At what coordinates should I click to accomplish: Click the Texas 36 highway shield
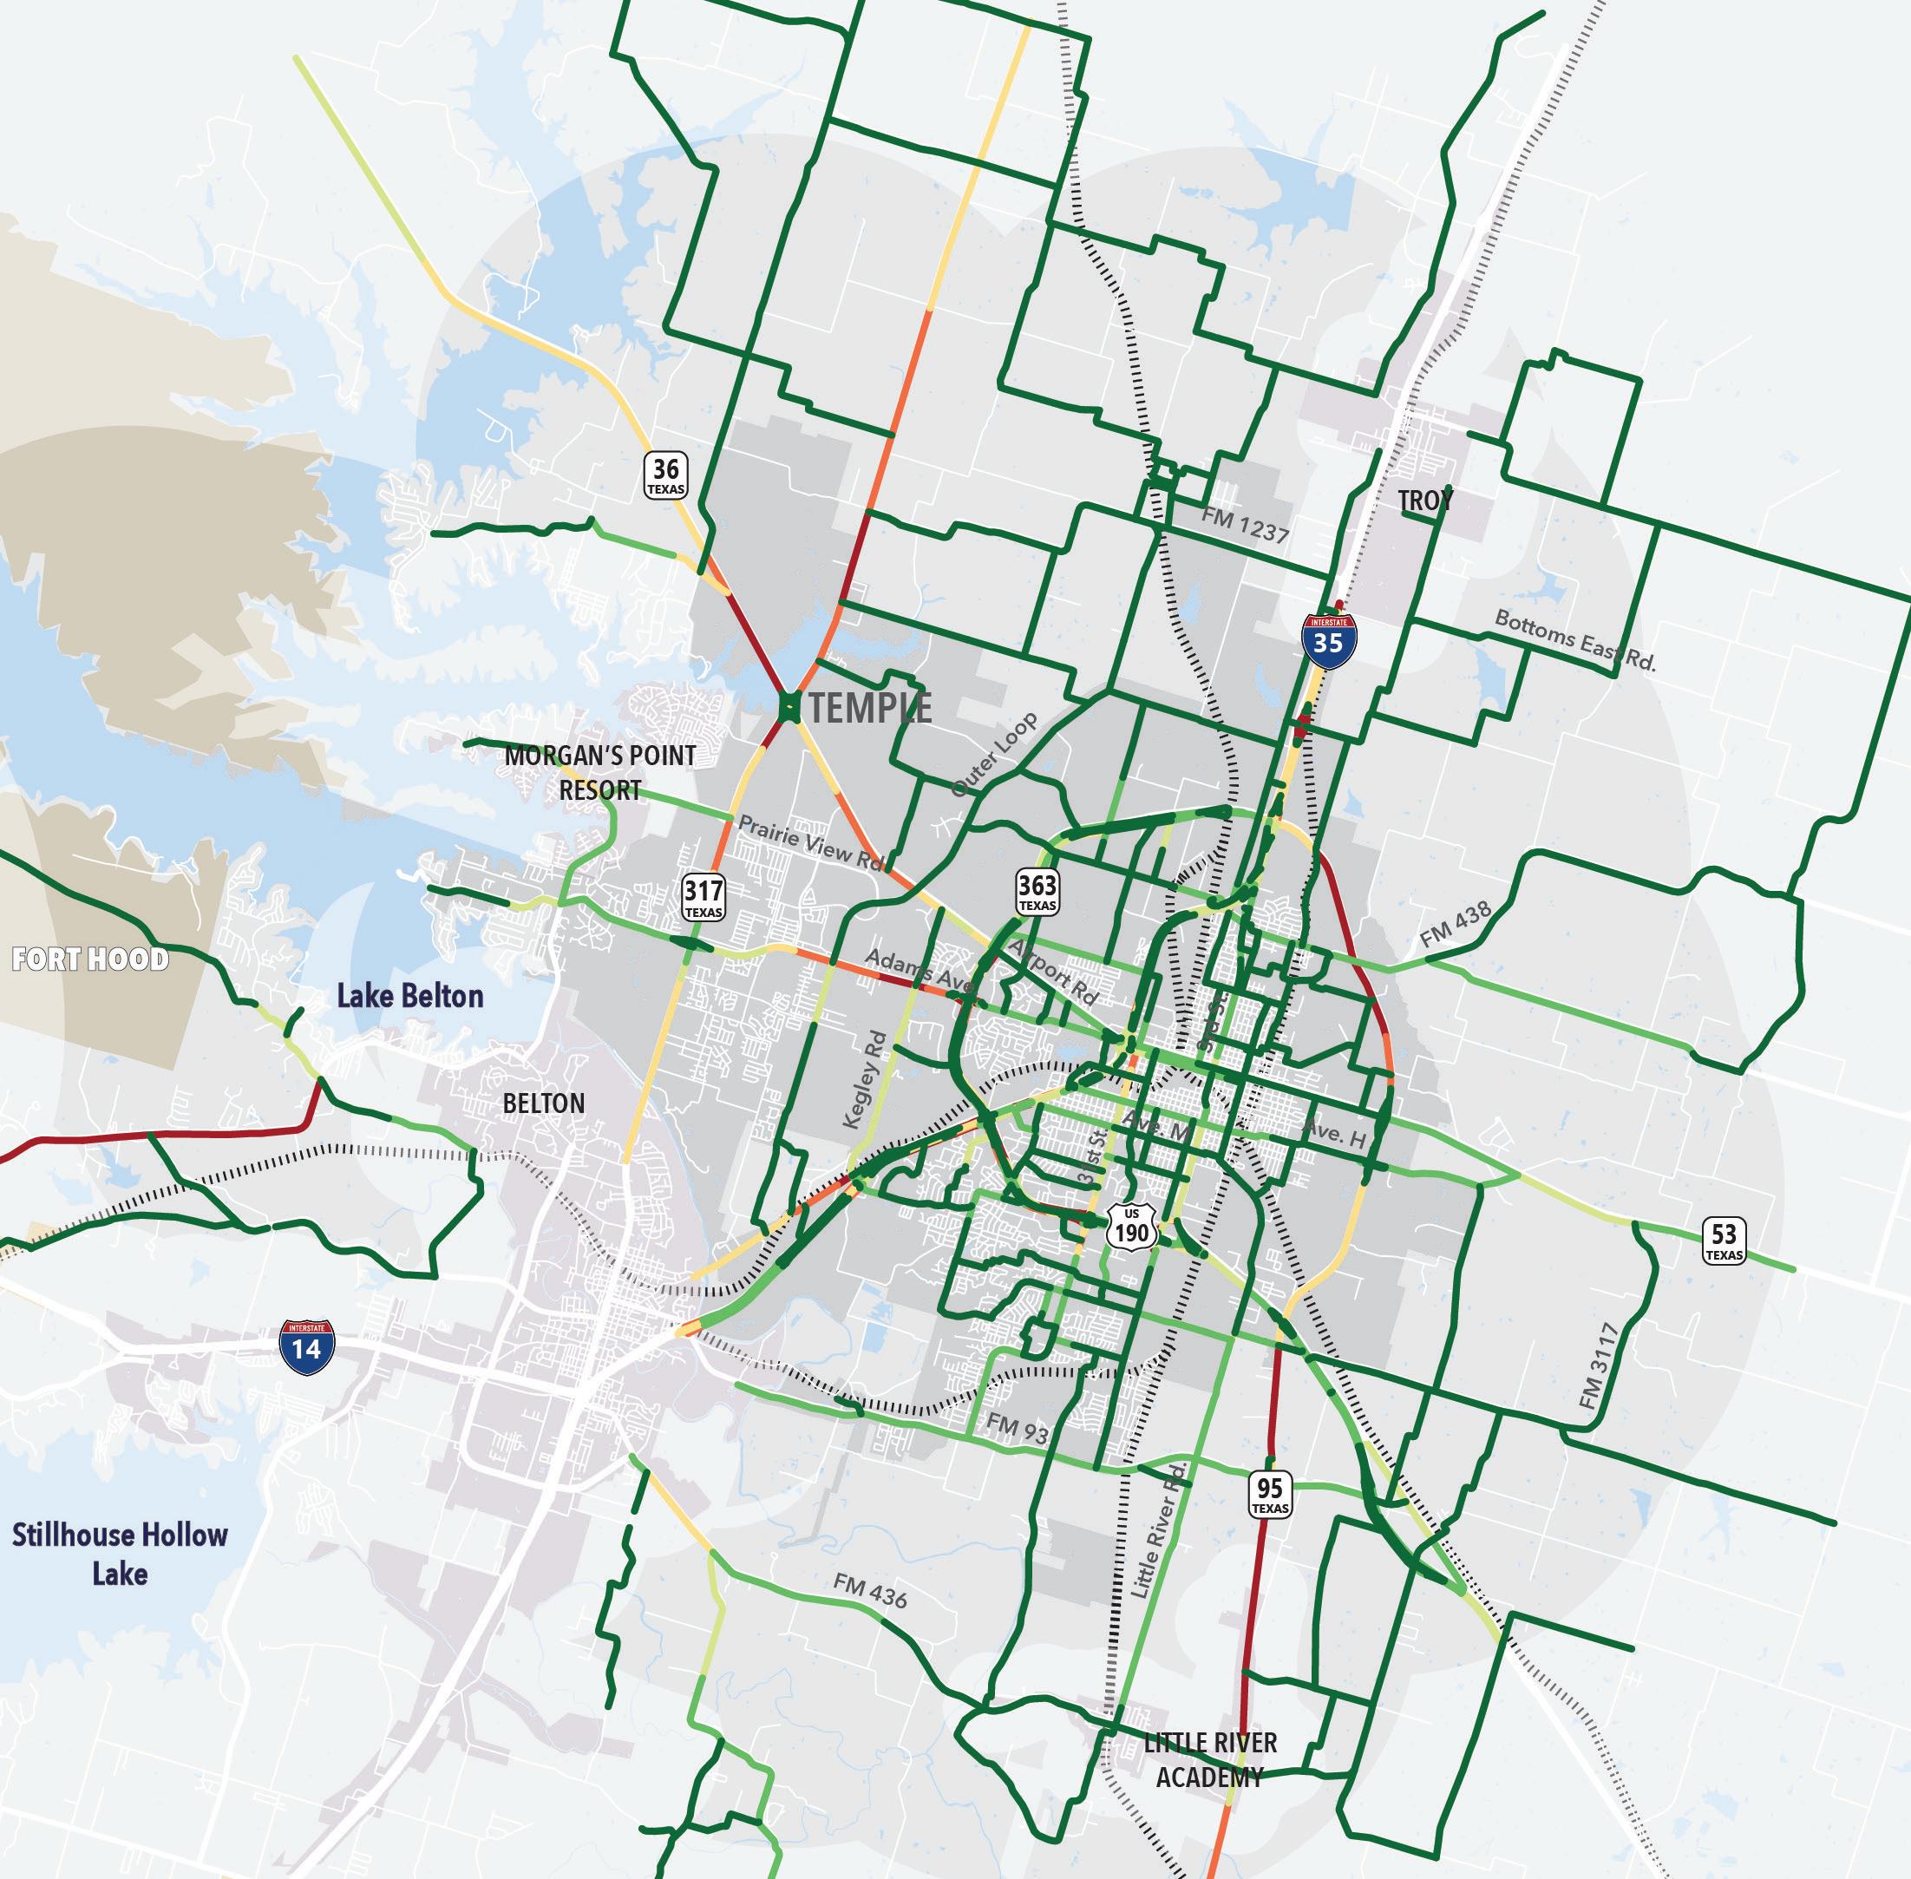pos(666,475)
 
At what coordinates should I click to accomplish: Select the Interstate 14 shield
pos(307,1347)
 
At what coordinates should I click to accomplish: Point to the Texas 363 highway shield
pos(1037,891)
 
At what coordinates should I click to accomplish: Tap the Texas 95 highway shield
pos(1270,1494)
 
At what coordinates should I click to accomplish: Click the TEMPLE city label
pos(869,708)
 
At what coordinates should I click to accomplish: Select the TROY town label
pos(1425,501)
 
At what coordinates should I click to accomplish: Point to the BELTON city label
pos(544,1103)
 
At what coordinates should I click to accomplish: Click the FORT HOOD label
pos(89,959)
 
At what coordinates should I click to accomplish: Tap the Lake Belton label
pos(410,996)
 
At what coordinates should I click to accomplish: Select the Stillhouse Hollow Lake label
pos(120,1554)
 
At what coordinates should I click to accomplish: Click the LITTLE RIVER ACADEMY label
pos(1209,1759)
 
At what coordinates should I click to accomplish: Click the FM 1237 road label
pos(1245,525)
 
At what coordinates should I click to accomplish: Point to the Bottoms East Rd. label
pos(1574,640)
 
